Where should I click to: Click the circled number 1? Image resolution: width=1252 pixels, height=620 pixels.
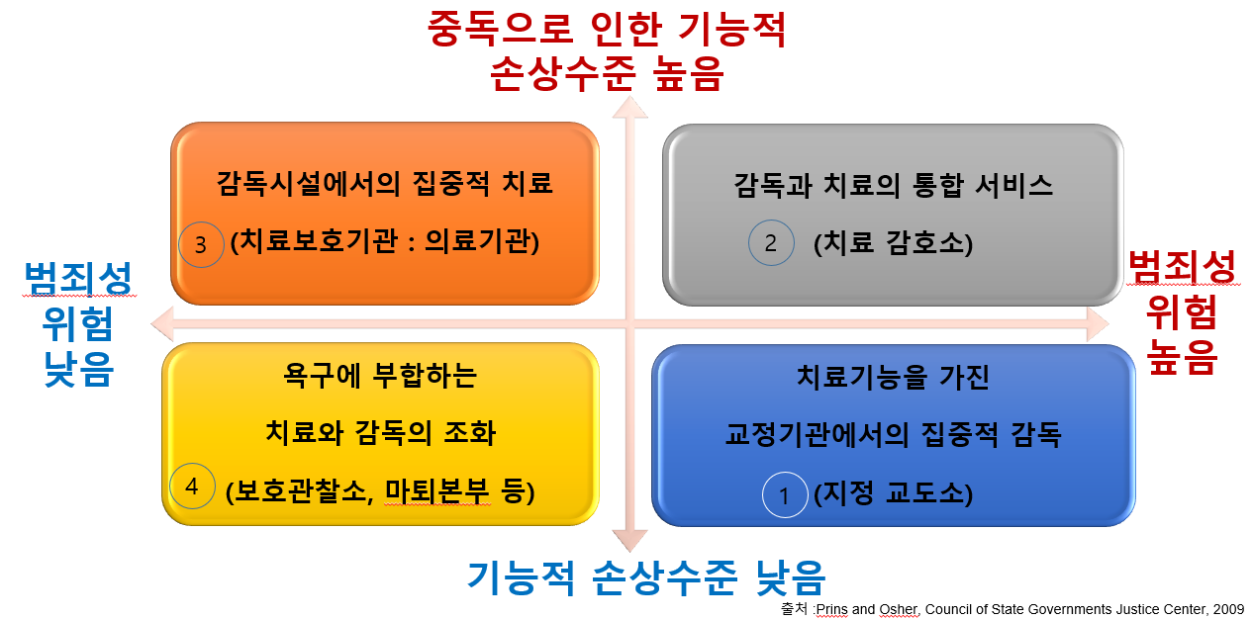785,494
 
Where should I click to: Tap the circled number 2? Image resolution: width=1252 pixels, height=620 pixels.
771,242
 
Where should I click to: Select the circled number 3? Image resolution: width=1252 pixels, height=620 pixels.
201,244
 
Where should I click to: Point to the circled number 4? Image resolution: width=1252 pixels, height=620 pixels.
192,486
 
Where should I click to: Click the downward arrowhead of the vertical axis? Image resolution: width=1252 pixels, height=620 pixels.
629,541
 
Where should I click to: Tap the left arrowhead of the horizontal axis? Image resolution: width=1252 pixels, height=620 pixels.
162,323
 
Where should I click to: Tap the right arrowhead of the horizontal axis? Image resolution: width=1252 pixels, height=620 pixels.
1098,323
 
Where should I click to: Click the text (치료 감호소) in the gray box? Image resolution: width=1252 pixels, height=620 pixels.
893,243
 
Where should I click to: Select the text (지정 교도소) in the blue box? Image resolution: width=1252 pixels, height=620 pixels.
893,493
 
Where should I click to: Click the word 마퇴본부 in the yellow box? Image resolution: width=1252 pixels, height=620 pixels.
437,491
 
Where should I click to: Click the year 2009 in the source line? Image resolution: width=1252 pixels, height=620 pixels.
1228,609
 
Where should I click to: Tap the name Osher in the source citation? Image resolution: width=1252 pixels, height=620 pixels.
899,609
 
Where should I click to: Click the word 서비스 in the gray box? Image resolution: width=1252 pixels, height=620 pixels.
1013,185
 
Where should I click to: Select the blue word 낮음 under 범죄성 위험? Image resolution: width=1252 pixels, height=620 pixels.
79,369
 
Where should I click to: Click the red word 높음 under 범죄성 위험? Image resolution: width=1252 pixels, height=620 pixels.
1182,357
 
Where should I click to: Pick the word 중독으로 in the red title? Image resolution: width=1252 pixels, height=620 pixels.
501,28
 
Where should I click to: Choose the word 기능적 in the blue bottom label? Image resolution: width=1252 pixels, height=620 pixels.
522,577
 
